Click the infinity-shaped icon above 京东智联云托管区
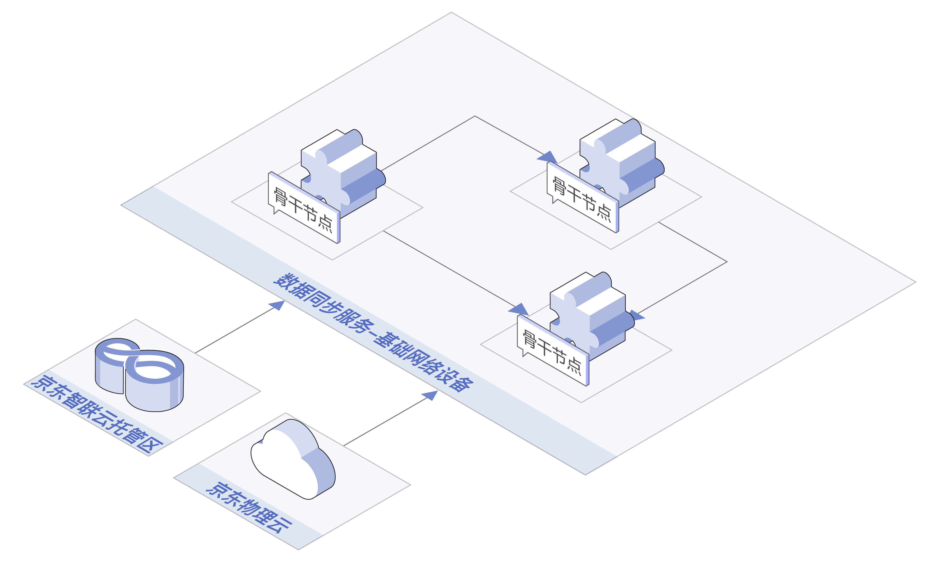(139, 374)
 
